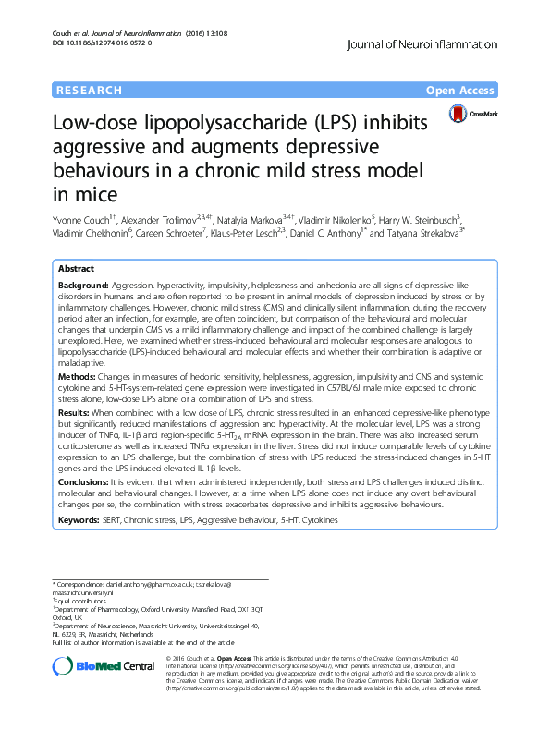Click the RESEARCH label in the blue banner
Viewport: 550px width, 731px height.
[90, 91]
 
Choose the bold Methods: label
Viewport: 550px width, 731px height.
[79, 377]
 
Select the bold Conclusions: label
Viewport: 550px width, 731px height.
[86, 481]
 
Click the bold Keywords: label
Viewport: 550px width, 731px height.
[81, 521]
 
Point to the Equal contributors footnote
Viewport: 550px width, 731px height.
[80, 602]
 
